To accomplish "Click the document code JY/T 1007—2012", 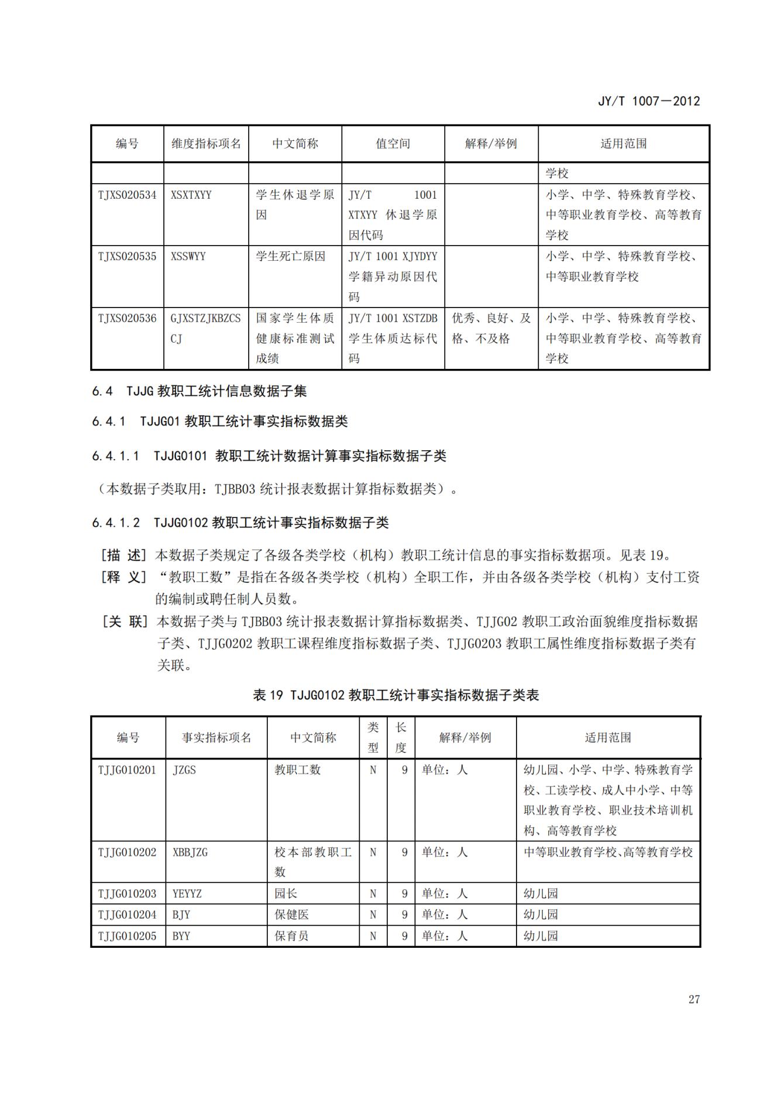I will [x=648, y=101].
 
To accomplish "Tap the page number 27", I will [x=694, y=999].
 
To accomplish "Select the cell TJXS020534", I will [x=127, y=195].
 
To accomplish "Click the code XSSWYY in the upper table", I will [x=188, y=256].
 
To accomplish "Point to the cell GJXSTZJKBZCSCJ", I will [x=205, y=328].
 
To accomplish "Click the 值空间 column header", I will [x=393, y=143].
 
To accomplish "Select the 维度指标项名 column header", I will [x=206, y=143].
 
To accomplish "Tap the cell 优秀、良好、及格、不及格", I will [x=491, y=328].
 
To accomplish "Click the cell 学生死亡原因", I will [x=290, y=256].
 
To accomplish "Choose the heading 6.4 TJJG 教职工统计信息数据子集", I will [x=199, y=391].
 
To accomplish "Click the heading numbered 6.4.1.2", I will [x=240, y=522].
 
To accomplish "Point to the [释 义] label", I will [x=123, y=577].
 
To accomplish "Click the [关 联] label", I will [x=123, y=622].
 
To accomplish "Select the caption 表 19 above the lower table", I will [x=395, y=695].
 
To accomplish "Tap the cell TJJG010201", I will [x=127, y=769].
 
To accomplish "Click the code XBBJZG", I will [x=190, y=852].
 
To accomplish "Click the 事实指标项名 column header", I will [x=216, y=737].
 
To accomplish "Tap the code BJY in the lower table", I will [x=181, y=914].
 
